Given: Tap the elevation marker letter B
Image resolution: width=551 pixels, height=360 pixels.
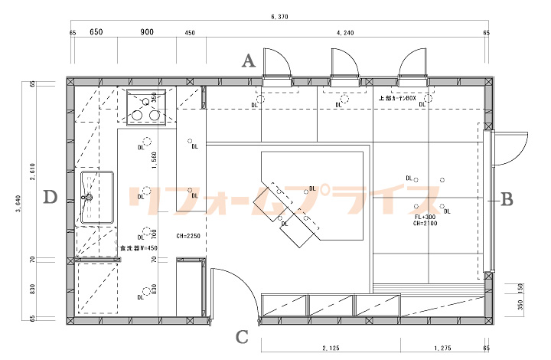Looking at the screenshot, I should (507, 200).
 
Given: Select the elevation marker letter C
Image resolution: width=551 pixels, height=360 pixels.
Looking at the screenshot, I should (242, 336).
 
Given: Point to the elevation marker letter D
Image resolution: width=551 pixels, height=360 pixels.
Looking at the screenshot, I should (51, 198).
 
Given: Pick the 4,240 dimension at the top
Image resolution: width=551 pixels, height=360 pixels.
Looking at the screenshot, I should (345, 32).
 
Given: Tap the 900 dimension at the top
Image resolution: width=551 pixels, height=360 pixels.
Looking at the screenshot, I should (147, 32).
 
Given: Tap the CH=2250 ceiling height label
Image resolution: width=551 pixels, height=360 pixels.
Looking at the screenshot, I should (187, 236).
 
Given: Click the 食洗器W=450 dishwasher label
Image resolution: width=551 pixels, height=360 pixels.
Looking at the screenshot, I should (139, 247).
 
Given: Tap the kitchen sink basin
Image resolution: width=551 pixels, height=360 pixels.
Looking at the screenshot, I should (97, 197).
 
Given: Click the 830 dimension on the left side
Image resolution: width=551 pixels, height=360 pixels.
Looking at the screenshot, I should (33, 291).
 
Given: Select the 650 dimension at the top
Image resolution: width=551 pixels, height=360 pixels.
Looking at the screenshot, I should (96, 32).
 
